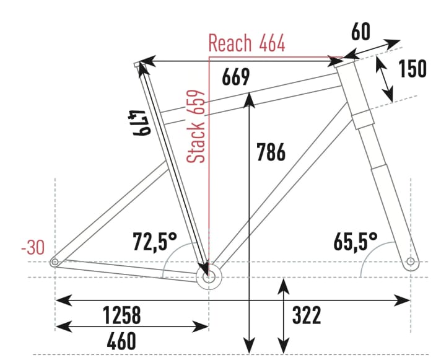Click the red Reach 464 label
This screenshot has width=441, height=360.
coord(247,44)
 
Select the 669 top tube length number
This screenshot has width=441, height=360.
coord(235,77)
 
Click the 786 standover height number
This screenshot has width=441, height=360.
coord(271,152)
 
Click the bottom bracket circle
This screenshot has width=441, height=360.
coord(208,276)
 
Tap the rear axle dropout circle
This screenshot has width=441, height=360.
coord(55,263)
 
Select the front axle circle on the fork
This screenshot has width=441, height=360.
coord(411,262)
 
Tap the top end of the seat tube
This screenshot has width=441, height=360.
coord(138,64)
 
